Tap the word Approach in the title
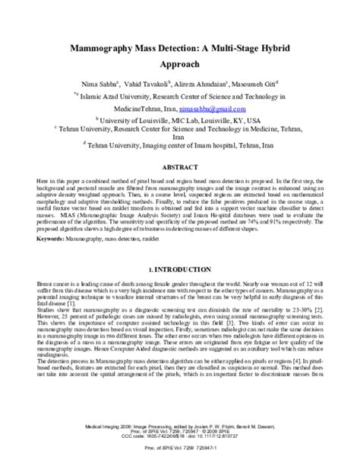(x=179, y=66)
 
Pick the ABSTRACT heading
(x=179, y=164)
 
